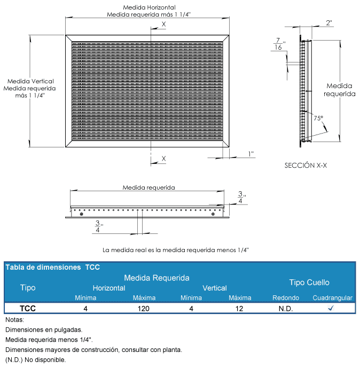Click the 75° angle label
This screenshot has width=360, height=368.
click(318, 119)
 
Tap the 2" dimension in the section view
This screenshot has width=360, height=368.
click(328, 22)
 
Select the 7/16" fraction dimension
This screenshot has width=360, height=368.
click(278, 44)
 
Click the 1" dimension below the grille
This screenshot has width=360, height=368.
click(251, 154)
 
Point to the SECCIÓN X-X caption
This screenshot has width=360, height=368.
click(306, 166)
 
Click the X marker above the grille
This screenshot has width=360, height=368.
click(163, 25)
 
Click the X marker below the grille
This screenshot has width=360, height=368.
click(163, 159)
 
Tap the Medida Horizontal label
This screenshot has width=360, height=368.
click(149, 7)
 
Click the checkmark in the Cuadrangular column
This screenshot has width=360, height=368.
click(331, 308)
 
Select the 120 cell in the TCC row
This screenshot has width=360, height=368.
click(144, 308)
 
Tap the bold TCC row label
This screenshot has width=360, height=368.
click(28, 308)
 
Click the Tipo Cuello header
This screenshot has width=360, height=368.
click(309, 282)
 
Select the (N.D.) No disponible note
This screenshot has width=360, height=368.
click(36, 359)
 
